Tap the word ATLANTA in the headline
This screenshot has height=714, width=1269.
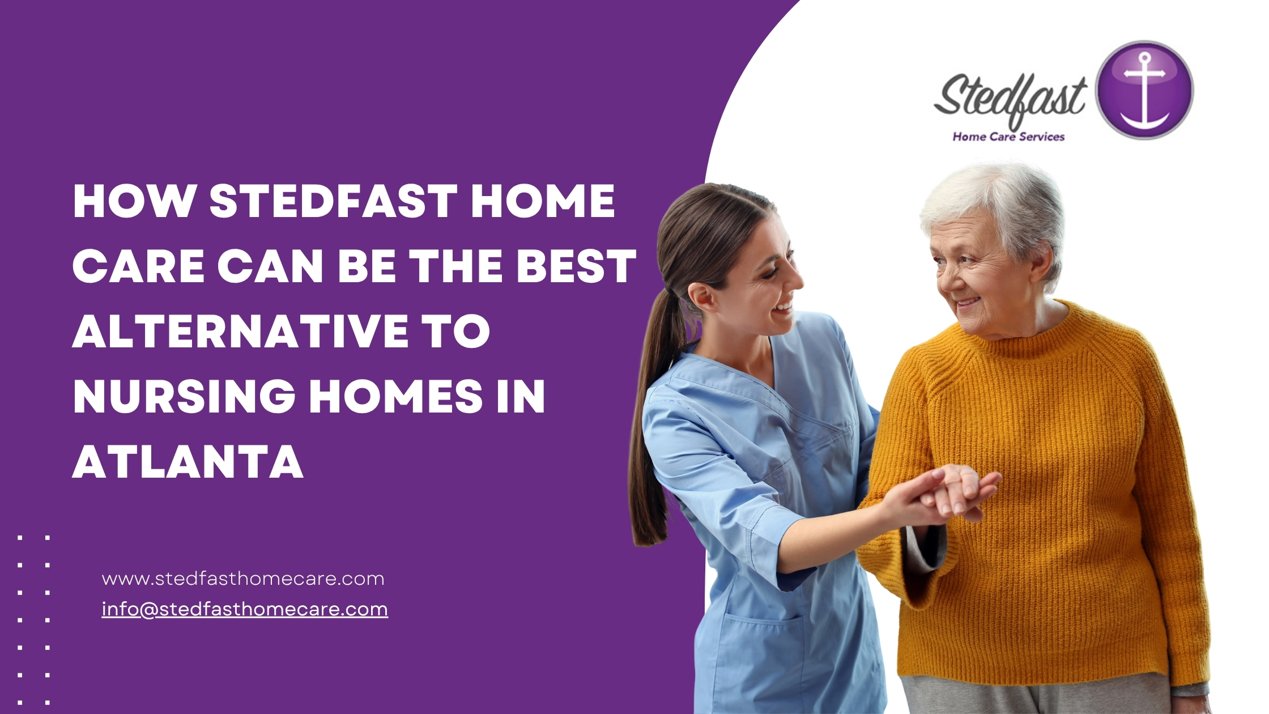[188, 461]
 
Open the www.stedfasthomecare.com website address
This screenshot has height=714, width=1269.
[243, 579]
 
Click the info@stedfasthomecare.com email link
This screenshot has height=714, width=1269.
[245, 609]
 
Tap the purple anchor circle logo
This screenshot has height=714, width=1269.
[1144, 90]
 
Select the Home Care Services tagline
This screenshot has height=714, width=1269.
[1008, 137]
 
